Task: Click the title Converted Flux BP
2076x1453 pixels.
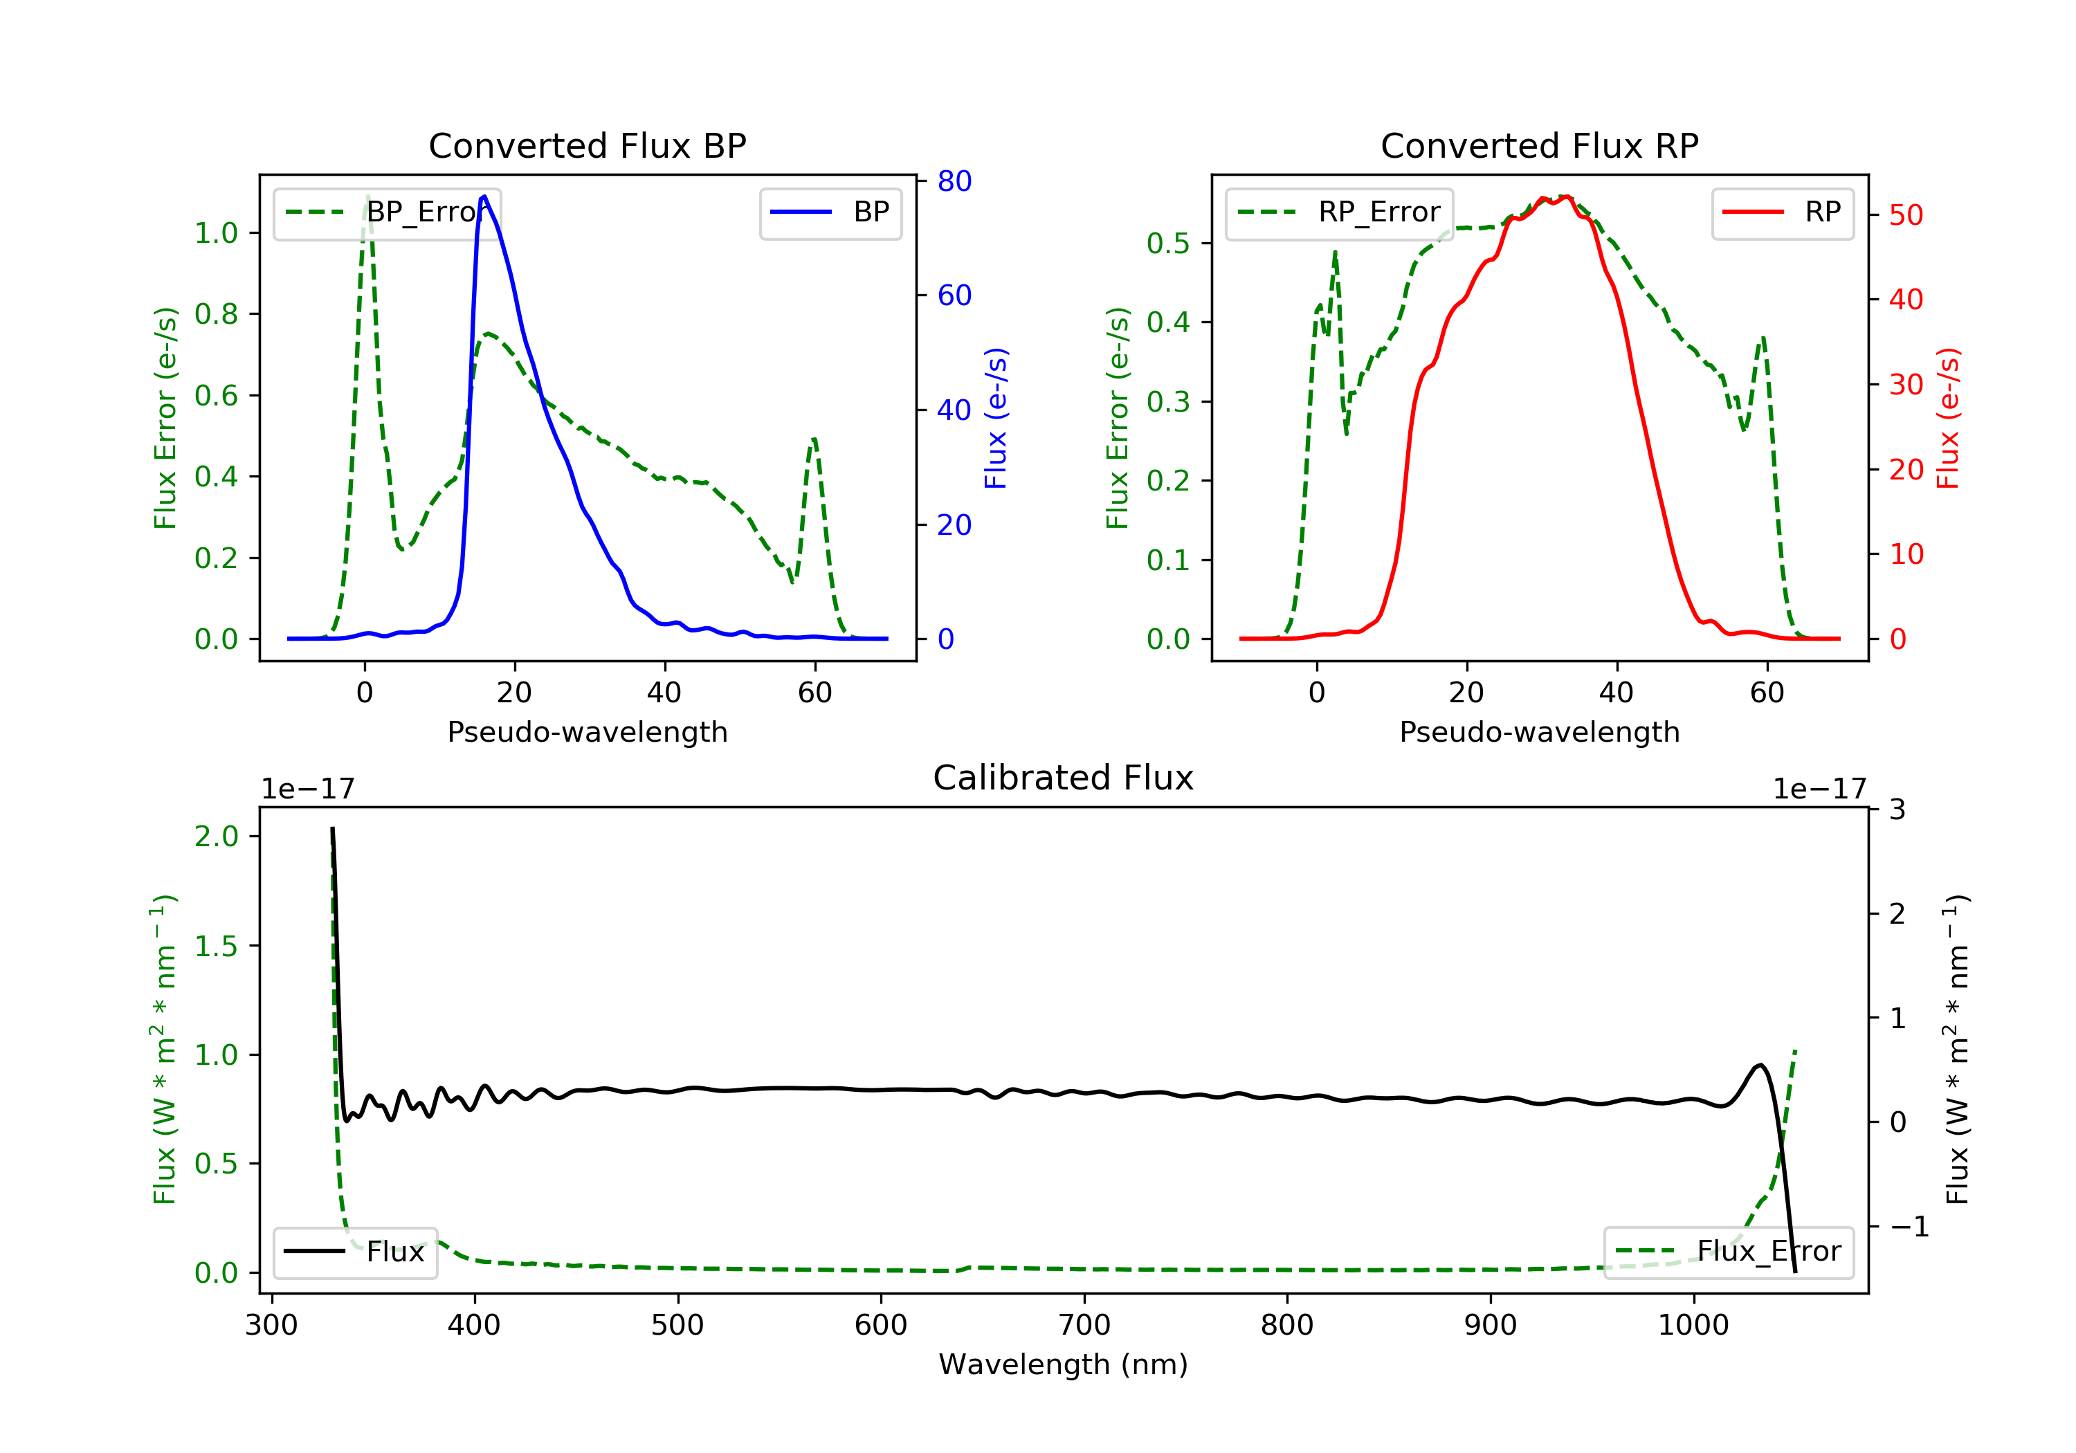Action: (x=587, y=145)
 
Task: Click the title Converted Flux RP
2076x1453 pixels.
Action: (x=1539, y=145)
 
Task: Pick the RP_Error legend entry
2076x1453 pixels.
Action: (x=1339, y=212)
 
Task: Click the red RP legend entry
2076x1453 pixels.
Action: (x=1782, y=212)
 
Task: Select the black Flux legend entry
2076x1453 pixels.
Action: (x=356, y=1252)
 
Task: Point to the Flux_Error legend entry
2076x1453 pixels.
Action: (x=1728, y=1252)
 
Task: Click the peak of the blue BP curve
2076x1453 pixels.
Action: (x=484, y=197)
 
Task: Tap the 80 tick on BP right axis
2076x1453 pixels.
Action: (x=954, y=181)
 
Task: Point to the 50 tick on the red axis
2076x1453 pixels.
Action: (x=1905, y=215)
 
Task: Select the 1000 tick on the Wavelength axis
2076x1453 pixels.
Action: (x=1693, y=1326)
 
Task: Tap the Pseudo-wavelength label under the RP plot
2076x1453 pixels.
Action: (x=1539, y=731)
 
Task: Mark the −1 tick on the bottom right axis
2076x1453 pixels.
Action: (x=1909, y=1227)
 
